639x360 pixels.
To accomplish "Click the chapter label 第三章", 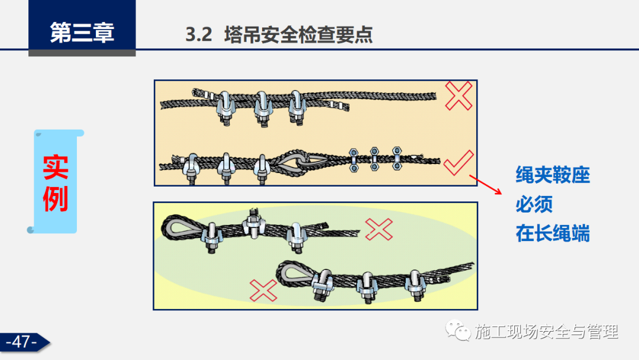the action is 82,33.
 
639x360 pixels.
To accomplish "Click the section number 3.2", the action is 199,35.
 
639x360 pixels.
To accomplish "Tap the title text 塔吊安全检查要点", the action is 298,35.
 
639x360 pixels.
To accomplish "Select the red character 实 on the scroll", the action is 56,167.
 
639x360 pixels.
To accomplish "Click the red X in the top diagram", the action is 459,96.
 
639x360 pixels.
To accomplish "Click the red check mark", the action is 459,162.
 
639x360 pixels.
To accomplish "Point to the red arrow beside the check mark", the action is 485,185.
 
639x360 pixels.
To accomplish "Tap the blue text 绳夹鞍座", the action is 553,175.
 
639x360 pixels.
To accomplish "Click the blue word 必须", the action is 534,204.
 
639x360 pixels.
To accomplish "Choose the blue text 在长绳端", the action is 553,234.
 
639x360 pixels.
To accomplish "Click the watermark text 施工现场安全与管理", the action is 547,332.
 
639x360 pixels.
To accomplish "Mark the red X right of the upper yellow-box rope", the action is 379,229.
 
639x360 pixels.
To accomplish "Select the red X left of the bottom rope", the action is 263,290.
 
